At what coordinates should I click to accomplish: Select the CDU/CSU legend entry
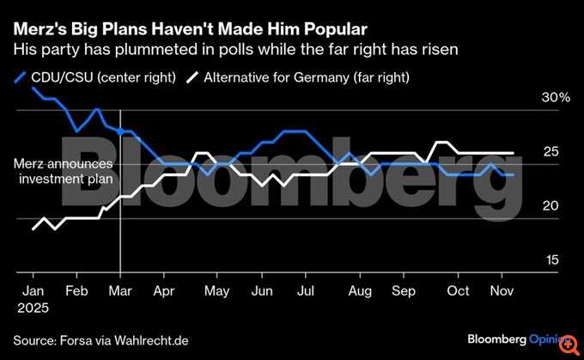click(95, 77)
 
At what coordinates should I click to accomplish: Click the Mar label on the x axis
click(120, 291)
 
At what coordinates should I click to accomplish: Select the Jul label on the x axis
click(305, 291)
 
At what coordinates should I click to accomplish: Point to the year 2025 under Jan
click(33, 308)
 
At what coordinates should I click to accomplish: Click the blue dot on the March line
click(120, 131)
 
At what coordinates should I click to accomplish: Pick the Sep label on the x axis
click(403, 291)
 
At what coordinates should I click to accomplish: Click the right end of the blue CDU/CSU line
click(514, 174)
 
